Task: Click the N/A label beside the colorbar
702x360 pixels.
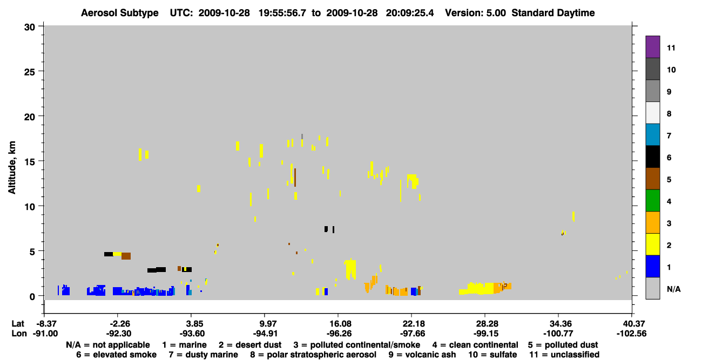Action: coord(673,289)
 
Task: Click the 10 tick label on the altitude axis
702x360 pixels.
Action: coord(30,207)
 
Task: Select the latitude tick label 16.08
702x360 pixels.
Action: coord(338,323)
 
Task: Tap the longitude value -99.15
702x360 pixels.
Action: coord(485,334)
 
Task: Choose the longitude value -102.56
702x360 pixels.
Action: coord(631,334)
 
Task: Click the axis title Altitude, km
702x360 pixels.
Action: coord(11,167)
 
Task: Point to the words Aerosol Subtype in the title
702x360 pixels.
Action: coord(120,13)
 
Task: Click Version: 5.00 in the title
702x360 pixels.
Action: coord(475,13)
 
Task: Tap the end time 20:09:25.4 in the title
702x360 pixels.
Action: coord(410,13)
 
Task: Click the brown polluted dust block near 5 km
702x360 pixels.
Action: coord(126,256)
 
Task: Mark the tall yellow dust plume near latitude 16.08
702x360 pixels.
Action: coord(350,269)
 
